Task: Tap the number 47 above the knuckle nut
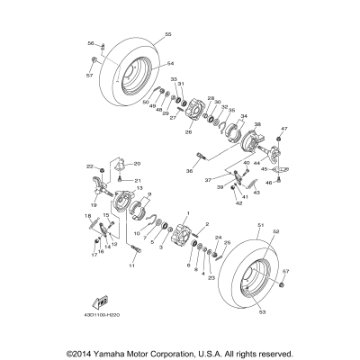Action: tap(283, 130)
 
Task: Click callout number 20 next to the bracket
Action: tap(138, 164)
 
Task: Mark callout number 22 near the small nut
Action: tap(90, 166)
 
